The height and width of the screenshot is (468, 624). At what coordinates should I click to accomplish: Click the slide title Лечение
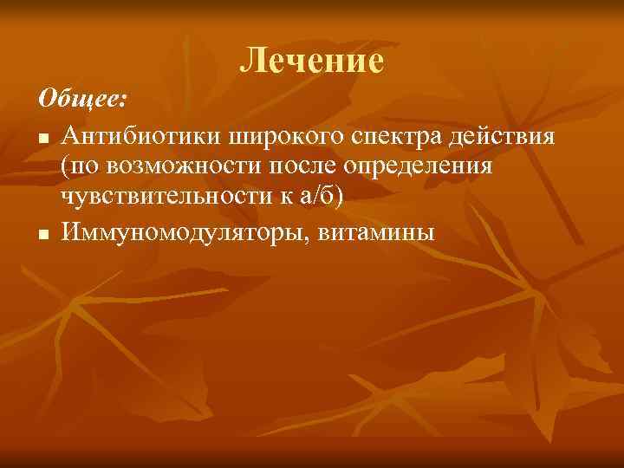click(311, 60)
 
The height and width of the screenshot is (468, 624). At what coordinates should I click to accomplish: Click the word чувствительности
click(163, 198)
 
